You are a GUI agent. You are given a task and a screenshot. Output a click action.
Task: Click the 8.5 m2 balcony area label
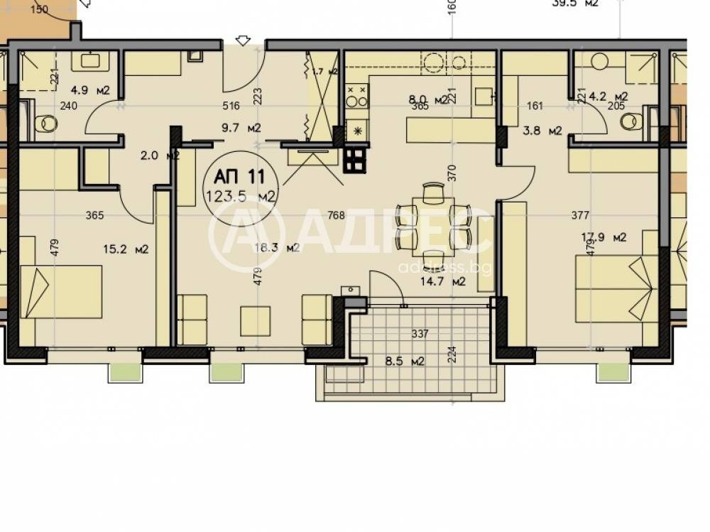(x=405, y=361)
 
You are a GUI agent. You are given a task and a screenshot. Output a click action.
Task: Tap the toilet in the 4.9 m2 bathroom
(x=46, y=124)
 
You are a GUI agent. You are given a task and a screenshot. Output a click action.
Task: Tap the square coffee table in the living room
(x=255, y=320)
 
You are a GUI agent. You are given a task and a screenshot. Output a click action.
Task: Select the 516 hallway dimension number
(x=231, y=107)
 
